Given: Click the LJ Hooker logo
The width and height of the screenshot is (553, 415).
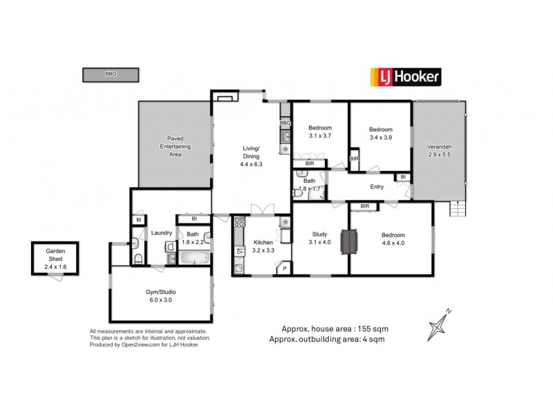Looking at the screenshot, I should click(x=406, y=76).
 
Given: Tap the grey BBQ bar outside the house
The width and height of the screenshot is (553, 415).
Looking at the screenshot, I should click(x=111, y=73).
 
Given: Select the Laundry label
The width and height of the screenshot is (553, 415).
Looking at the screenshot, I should click(x=161, y=232).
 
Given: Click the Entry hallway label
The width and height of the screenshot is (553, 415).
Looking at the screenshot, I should click(x=377, y=187).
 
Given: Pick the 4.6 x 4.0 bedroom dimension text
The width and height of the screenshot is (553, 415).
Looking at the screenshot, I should click(x=393, y=243).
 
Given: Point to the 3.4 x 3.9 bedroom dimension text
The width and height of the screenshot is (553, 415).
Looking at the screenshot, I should click(x=380, y=138).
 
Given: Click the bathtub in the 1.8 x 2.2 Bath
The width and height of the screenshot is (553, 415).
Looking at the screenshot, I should click(x=194, y=259).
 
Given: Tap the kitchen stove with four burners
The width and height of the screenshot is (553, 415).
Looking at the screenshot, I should click(x=239, y=222).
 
